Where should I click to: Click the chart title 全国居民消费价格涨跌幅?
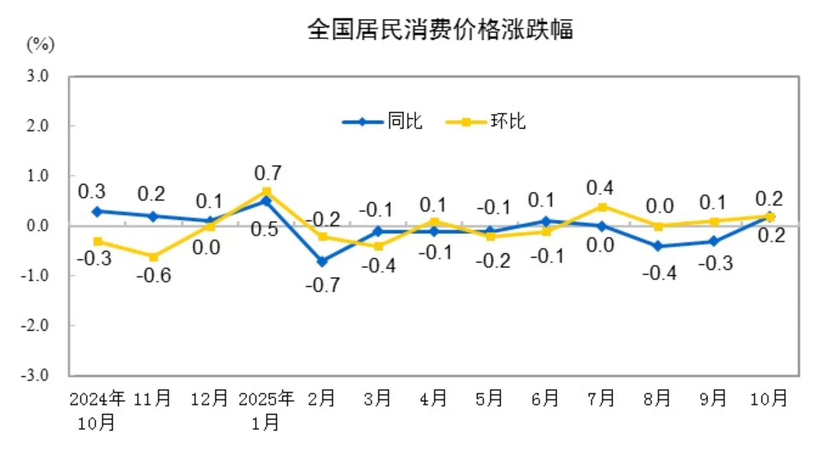coord(440,30)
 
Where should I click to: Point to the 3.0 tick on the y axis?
coord(38,76)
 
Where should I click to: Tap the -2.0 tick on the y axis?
coord(35,326)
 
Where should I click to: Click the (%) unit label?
coord(40,44)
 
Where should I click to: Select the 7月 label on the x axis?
coord(601,399)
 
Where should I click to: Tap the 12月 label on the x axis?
coord(209,399)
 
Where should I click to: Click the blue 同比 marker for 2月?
coord(322,261)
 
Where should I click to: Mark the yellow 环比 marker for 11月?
coord(154,257)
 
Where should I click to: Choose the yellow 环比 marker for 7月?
coord(602,207)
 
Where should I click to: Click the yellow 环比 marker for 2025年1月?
coord(267,191)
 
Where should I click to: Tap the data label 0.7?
coord(268,173)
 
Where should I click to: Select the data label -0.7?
coord(323,285)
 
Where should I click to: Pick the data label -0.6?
coord(154,275)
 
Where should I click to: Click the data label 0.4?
coord(600,188)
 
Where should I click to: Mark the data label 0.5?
coord(265,229)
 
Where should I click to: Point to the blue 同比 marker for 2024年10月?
coord(97,211)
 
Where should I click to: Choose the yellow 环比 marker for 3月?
coord(378,246)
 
